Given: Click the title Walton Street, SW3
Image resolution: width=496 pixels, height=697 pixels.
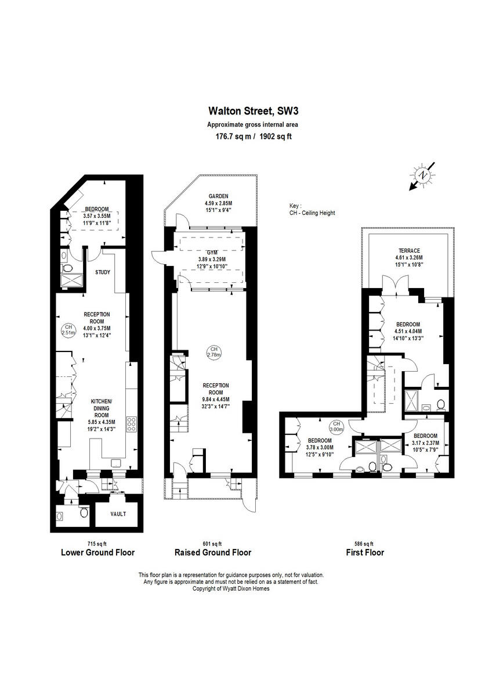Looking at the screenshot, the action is coord(248,110).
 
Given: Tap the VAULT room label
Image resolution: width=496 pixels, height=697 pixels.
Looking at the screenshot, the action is coord(118,514).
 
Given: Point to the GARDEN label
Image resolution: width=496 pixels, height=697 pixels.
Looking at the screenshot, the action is coord(218,196).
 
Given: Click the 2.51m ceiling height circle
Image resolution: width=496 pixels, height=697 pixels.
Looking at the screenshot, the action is coord(69,330).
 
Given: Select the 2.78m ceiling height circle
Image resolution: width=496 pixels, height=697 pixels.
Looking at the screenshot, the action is coord(215,352).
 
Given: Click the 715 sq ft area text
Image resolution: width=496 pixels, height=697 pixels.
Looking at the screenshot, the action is coord(96,543).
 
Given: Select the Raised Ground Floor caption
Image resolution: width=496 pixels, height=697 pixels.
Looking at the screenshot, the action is coord(213,552).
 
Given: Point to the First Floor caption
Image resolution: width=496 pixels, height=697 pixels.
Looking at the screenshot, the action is coord(365,552).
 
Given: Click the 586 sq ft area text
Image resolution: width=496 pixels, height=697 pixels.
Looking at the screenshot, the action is coord(364,543).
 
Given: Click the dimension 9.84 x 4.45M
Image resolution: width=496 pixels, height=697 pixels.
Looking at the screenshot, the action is coord(216,399).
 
